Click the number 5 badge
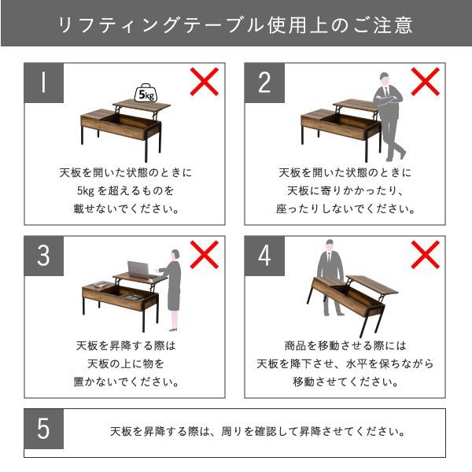[44, 430]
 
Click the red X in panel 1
[205, 82]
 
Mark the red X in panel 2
[426, 82]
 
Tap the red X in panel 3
[205, 254]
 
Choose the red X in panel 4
[426, 254]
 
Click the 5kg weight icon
[146, 94]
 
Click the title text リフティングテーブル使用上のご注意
[236, 24]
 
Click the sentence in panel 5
[258, 432]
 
